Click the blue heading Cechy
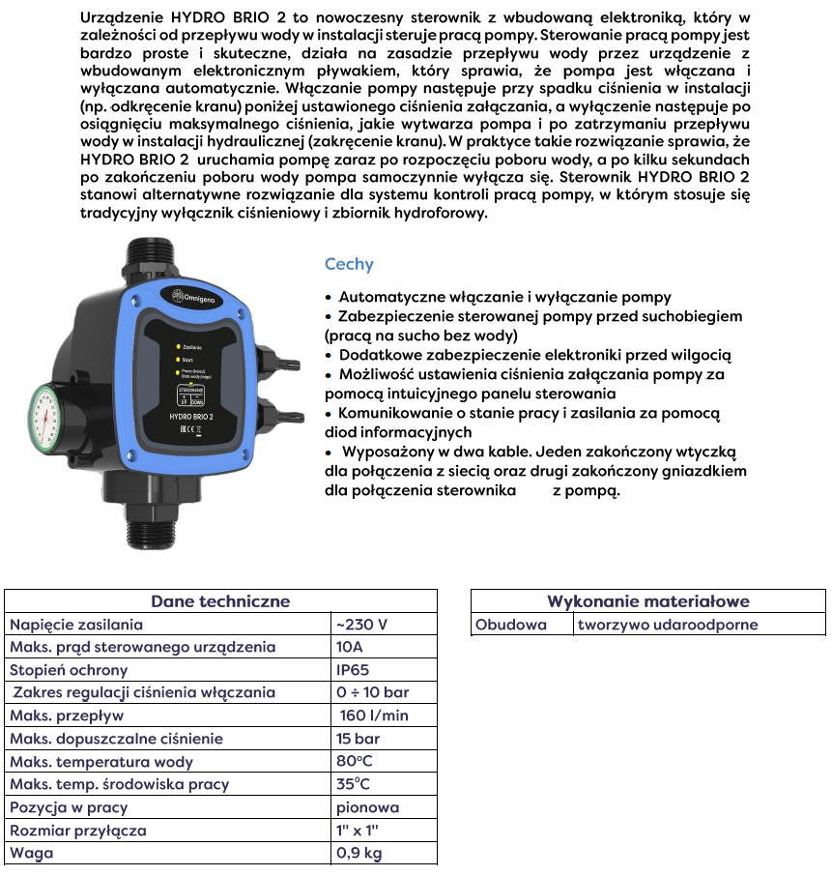[x=349, y=264]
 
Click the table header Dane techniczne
[x=220, y=600]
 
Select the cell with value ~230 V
[x=361, y=625]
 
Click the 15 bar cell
[x=359, y=739]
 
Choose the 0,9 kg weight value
[x=358, y=854]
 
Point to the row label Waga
[x=32, y=854]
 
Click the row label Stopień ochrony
[x=69, y=670]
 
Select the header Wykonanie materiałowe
[x=647, y=600]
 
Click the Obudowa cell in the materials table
[x=511, y=625]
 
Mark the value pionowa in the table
[x=367, y=807]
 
